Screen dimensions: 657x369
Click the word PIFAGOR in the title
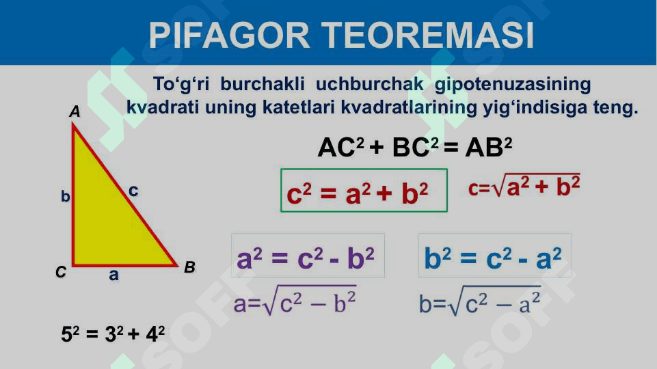click(x=230, y=35)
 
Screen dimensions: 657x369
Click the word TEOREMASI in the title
click(x=427, y=35)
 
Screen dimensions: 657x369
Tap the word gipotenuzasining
click(x=513, y=85)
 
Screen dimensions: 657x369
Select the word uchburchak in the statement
click(x=370, y=84)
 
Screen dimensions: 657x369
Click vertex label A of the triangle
click(x=75, y=111)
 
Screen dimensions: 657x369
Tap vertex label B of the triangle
click(x=190, y=266)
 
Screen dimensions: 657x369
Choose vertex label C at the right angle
click(x=61, y=272)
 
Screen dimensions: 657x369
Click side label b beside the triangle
click(x=66, y=195)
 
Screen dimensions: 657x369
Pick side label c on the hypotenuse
click(x=133, y=191)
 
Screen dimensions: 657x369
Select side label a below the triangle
click(x=113, y=275)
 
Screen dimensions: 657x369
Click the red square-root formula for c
click(x=524, y=186)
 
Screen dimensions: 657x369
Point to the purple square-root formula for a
click(x=295, y=300)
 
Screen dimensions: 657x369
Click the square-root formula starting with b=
click(x=480, y=300)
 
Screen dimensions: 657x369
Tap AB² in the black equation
click(x=489, y=147)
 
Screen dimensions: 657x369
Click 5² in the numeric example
click(x=70, y=334)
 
